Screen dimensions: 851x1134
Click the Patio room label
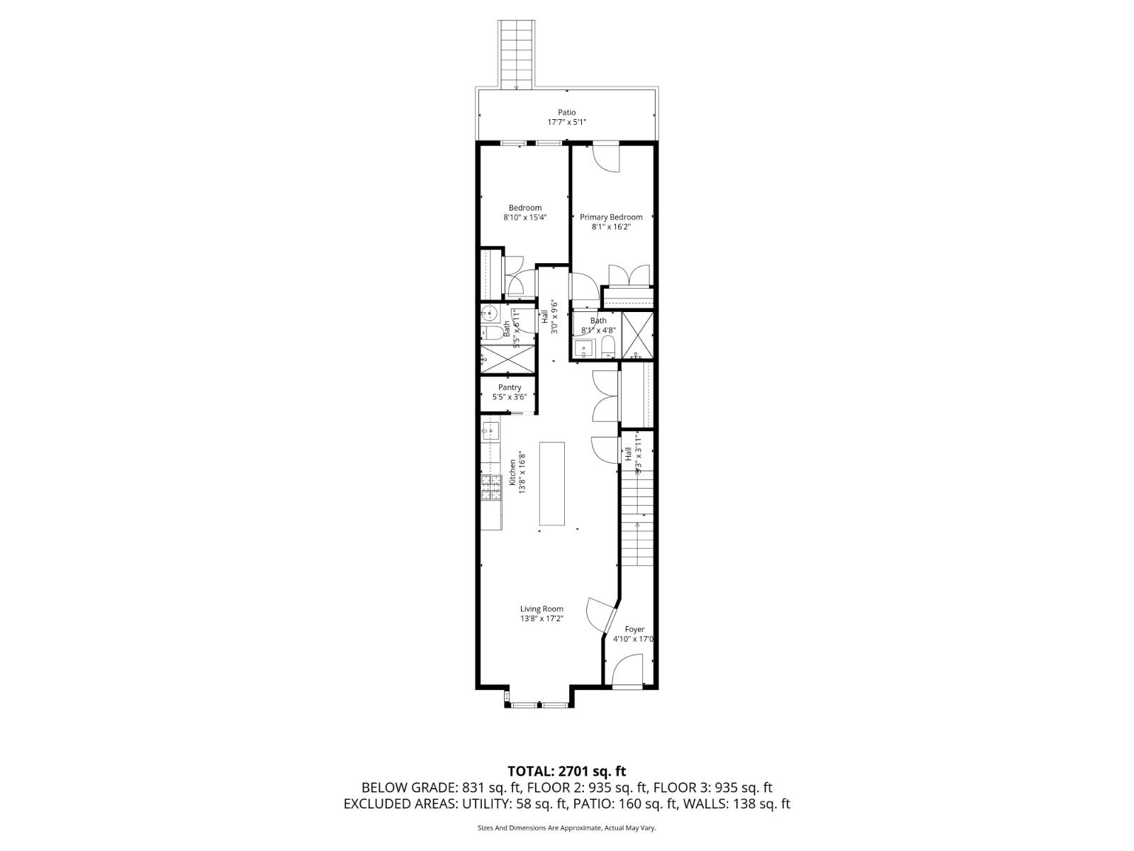566,112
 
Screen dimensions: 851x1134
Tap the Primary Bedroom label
611,217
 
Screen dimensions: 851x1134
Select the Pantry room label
510,387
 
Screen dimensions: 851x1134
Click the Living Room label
541,608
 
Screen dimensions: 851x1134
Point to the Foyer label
634,629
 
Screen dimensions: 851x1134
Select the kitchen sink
490,428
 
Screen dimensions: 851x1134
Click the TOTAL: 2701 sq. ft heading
566,771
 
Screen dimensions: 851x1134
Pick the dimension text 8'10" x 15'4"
524,218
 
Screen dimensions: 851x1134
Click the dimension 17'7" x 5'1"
566,122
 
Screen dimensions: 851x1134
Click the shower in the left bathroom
507,357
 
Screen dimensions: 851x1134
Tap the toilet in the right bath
607,347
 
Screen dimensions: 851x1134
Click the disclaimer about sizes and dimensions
566,828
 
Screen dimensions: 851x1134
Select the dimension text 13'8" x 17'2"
541,618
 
